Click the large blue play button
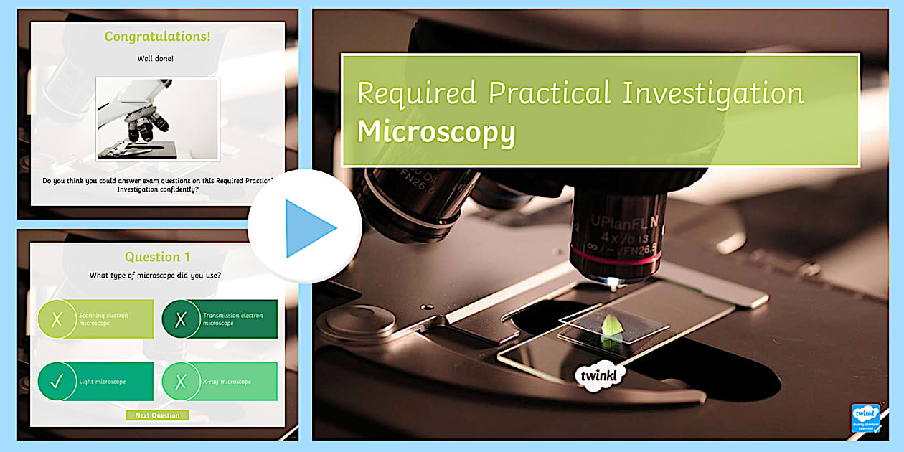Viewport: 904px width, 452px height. coord(304,227)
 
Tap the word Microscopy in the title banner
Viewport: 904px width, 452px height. coord(436,132)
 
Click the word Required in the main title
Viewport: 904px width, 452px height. coord(417,93)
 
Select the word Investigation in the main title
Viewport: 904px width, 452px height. coord(713,93)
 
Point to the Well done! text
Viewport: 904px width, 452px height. coord(155,59)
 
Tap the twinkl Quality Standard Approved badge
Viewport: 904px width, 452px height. coord(865,418)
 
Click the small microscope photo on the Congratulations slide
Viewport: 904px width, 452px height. coord(158,118)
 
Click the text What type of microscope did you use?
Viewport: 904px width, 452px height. coord(155,275)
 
